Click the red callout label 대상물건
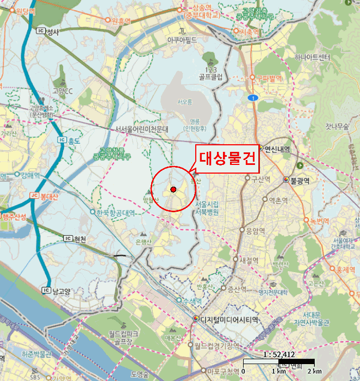pos(227,158)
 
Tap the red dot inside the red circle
pos(173,189)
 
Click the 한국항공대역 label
pos(115,213)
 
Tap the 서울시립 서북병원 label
pos(205,208)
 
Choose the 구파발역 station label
pos(268,78)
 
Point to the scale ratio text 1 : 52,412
pos(278,354)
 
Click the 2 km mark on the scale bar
pos(314,371)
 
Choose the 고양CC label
pos(63,91)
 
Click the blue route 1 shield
pos(252,97)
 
